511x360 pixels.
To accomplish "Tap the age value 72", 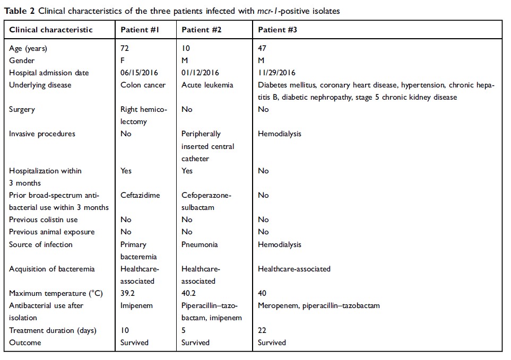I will [125, 48].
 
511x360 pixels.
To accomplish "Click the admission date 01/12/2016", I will [200, 73].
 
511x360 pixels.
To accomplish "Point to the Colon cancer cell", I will [143, 85].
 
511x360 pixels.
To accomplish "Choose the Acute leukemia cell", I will [208, 85].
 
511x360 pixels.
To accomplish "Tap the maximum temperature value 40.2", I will [189, 293].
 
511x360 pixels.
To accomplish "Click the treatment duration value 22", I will [262, 330].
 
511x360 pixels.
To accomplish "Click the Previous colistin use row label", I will [43, 219].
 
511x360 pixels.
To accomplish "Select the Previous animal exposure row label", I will [51, 232].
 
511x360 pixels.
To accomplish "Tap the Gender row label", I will [22, 60].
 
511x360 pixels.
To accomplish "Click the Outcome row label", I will [25, 343].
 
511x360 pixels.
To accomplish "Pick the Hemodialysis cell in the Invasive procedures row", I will [279, 134].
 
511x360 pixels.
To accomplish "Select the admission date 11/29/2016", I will [276, 73].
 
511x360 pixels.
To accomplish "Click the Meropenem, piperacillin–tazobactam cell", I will [318, 305].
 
